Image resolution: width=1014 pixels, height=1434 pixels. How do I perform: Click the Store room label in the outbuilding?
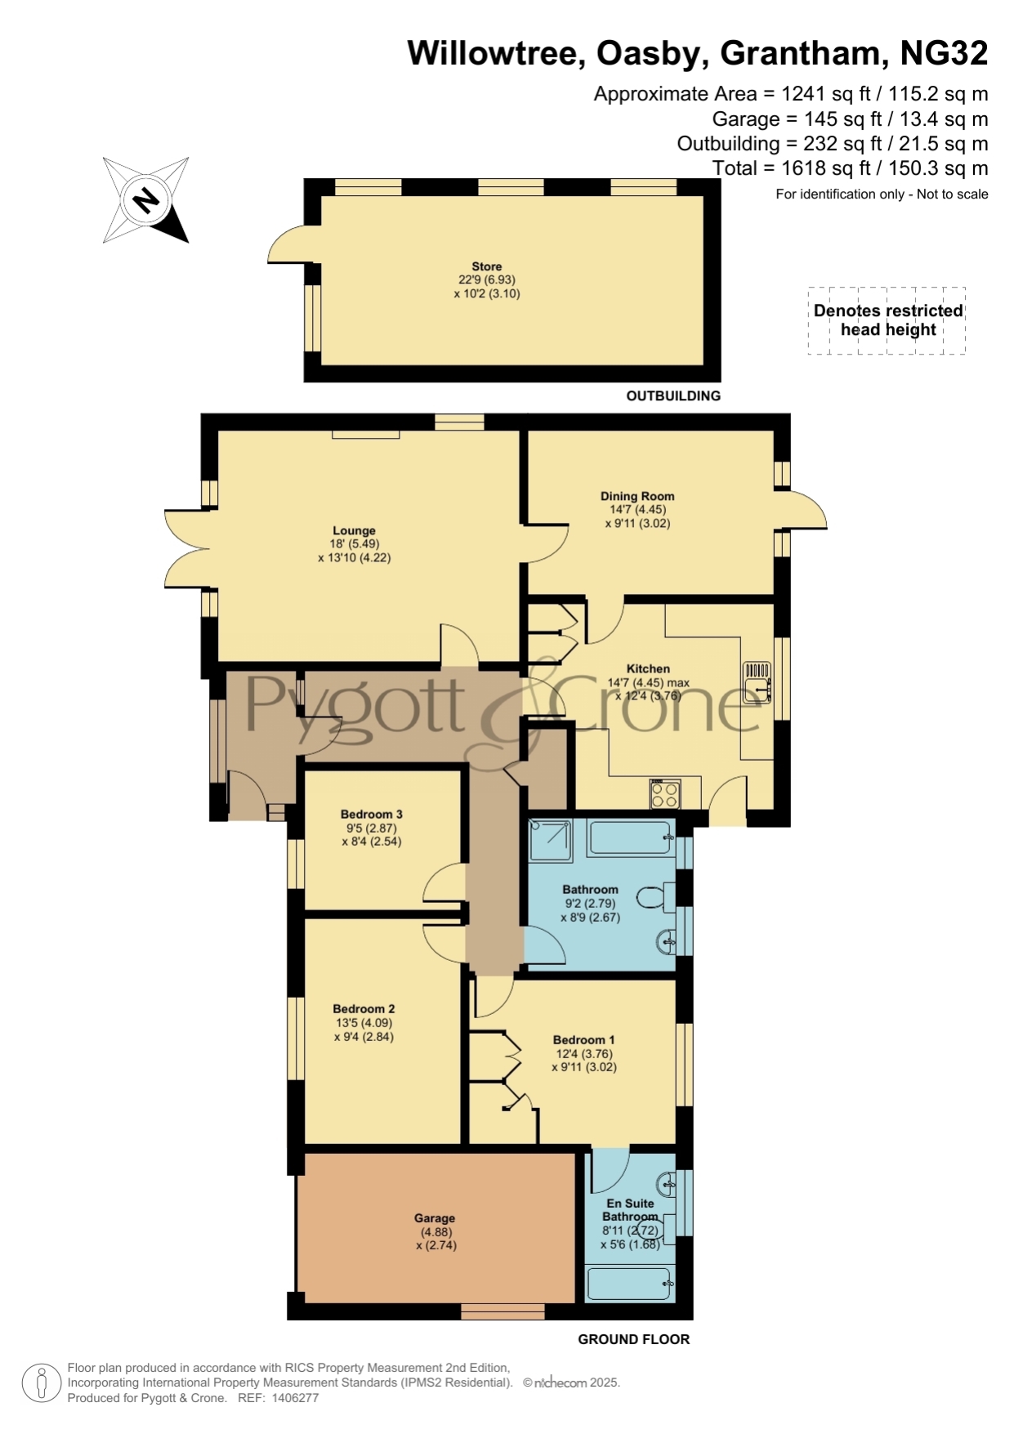(x=486, y=266)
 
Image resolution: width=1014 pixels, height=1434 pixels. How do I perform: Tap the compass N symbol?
(x=146, y=200)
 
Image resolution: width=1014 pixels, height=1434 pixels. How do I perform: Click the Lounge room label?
(x=354, y=530)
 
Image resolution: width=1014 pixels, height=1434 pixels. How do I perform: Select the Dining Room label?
(x=637, y=496)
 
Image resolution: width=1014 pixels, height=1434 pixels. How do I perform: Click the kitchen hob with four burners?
(x=665, y=794)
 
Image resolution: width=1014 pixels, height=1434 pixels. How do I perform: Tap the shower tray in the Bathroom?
(x=552, y=839)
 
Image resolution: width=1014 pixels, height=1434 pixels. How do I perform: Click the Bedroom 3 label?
(x=372, y=814)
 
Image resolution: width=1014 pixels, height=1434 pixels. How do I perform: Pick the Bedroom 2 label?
(x=364, y=1008)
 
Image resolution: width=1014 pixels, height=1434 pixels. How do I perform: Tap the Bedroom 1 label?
(x=584, y=1039)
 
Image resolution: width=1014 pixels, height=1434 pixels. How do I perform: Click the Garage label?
(x=435, y=1217)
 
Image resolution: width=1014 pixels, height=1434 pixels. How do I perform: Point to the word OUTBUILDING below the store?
(x=673, y=395)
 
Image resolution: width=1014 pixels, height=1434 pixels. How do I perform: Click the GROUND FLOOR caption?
(x=634, y=1339)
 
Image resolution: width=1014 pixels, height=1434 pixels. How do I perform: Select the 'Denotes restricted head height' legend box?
(x=887, y=320)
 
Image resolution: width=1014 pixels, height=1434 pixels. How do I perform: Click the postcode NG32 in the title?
(x=944, y=54)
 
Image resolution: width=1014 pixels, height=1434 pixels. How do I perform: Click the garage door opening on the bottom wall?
(x=503, y=1311)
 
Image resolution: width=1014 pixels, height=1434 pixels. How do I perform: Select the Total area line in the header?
(x=851, y=168)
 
